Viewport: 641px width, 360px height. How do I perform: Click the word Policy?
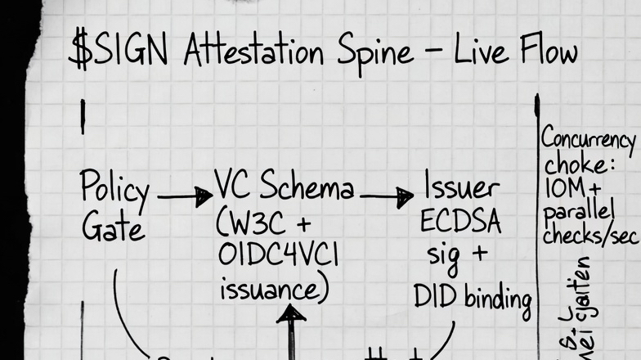tap(114, 191)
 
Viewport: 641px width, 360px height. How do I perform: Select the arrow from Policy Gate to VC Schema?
tap(184, 196)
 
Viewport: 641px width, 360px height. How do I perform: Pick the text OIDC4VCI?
tap(278, 256)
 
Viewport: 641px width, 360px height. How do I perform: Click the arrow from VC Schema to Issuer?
tap(386, 196)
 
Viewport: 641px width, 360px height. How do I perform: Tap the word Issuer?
tap(461, 188)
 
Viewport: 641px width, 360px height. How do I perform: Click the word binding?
tap(498, 299)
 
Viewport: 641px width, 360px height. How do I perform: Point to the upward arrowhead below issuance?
tap(291, 313)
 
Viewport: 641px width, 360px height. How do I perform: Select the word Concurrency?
tap(587, 140)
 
